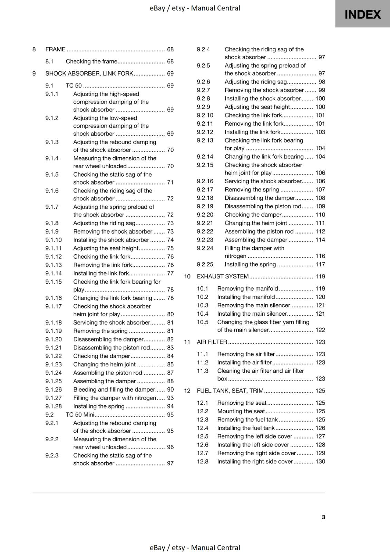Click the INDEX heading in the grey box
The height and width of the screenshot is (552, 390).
(x=362, y=14)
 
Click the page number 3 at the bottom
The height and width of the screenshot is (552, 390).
(x=323, y=517)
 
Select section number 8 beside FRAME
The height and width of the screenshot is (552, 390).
(x=34, y=49)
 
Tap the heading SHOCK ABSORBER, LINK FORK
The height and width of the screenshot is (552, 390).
(x=89, y=73)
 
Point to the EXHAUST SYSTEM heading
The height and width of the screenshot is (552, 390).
(x=223, y=276)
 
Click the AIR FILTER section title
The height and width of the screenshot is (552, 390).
(x=212, y=342)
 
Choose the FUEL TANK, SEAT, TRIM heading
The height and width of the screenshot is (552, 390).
(x=230, y=391)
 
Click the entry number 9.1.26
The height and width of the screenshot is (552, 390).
(x=53, y=390)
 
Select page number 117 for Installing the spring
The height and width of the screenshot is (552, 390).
(x=320, y=264)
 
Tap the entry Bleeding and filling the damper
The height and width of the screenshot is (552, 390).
(x=114, y=390)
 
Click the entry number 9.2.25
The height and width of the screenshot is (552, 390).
(x=205, y=264)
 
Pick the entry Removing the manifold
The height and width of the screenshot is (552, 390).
(x=247, y=288)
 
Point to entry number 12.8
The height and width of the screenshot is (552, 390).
(x=203, y=461)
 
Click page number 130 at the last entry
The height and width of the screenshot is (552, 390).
(x=320, y=461)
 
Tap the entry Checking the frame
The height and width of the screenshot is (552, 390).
(x=91, y=61)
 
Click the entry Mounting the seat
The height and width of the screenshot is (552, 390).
(x=241, y=411)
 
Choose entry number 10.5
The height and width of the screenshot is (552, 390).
(x=203, y=322)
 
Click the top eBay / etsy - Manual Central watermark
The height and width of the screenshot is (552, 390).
(x=195, y=8)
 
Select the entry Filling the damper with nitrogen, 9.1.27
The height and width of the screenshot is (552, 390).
(x=115, y=398)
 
